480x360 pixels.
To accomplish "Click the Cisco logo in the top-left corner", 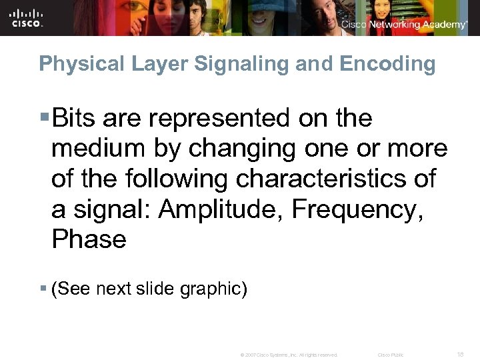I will pos(27,17).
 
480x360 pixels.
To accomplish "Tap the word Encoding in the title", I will pos(387,65).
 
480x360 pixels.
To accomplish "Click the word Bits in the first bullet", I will pos(75,119).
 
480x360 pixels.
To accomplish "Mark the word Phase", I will pos(89,239).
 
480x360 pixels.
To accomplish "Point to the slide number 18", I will pos(461,355).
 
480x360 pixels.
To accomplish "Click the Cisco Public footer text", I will pos(390,355).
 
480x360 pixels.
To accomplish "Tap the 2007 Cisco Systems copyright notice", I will pos(289,355).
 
